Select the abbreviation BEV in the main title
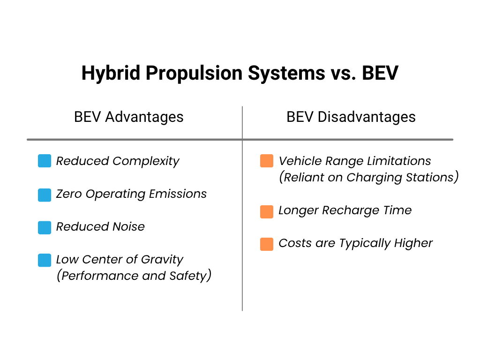click(380, 74)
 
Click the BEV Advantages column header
click(129, 117)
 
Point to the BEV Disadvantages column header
click(351, 117)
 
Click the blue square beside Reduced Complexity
click(45, 161)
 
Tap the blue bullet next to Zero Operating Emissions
click(45, 195)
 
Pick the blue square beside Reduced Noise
click(45, 227)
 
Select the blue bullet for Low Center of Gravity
click(45, 260)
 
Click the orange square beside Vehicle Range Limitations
click(267, 161)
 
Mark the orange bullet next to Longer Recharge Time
click(267, 211)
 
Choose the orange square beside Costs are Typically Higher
click(267, 244)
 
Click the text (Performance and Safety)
click(134, 276)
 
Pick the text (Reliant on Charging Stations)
click(368, 177)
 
